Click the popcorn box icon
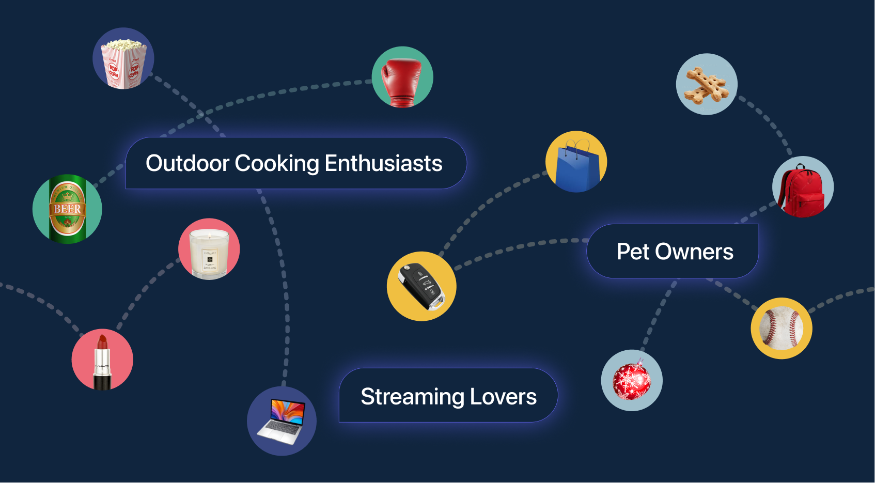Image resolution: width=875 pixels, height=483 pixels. tap(123, 61)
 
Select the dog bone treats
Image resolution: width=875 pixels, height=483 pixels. tap(706, 85)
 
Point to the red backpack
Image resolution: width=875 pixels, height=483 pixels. tap(802, 189)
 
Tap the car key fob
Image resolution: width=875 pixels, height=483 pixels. tap(421, 286)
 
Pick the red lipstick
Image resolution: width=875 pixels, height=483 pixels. tap(102, 362)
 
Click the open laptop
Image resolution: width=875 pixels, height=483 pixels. tap(282, 422)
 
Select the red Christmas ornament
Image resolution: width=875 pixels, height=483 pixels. tap(631, 381)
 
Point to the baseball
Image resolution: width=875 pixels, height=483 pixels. tap(782, 329)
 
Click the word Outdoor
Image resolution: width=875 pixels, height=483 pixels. tap(187, 163)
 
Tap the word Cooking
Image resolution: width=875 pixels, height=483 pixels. tap(277, 163)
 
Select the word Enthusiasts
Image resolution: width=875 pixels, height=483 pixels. tap(383, 163)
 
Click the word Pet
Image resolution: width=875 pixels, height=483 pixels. tap(633, 252)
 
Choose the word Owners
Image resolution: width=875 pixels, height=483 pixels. tap(694, 252)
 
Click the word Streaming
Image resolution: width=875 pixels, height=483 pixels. tap(412, 397)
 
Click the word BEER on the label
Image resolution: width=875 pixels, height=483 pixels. tap(68, 209)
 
